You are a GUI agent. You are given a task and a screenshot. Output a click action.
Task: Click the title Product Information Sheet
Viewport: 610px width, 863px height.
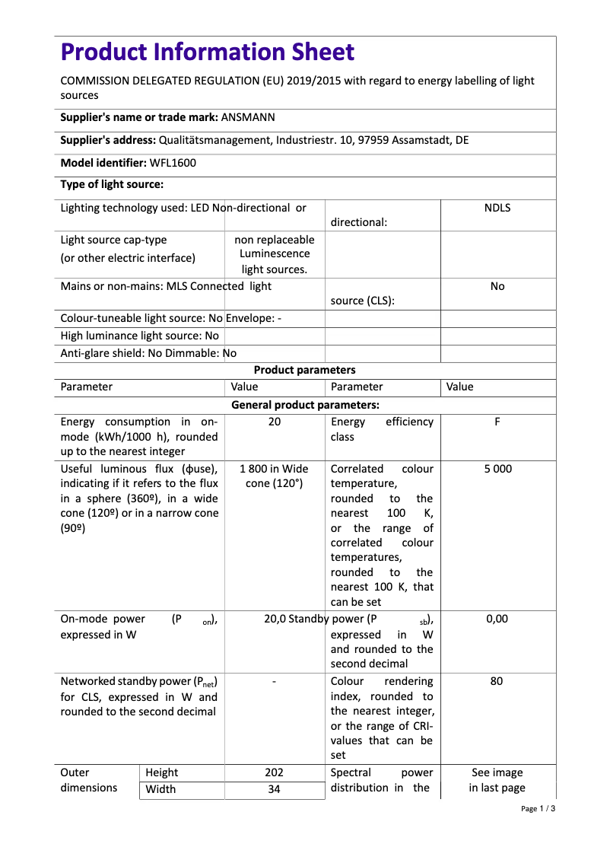pyautogui.click(x=208, y=53)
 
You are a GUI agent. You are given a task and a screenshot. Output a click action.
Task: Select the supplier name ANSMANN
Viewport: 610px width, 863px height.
pyautogui.click(x=248, y=117)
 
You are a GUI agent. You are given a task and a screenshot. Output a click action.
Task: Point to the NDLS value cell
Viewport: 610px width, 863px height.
pyautogui.click(x=497, y=208)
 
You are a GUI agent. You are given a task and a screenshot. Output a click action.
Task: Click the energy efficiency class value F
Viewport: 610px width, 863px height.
pyautogui.click(x=497, y=422)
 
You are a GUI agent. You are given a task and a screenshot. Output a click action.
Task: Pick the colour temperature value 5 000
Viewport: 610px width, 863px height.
pyautogui.click(x=497, y=469)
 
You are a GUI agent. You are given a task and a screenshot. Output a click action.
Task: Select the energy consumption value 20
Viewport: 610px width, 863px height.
pyautogui.click(x=275, y=422)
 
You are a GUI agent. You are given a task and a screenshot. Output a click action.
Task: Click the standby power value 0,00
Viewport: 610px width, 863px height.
pyautogui.click(x=497, y=619)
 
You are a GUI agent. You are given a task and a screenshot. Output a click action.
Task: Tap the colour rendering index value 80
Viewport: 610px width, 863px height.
pyautogui.click(x=497, y=681)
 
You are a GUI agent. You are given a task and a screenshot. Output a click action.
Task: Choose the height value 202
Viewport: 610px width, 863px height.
pyautogui.click(x=275, y=772)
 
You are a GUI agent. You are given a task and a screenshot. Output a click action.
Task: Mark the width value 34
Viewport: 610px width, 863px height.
pyautogui.click(x=275, y=789)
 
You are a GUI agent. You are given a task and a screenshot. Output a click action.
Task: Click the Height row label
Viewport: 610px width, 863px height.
pyautogui.click(x=162, y=772)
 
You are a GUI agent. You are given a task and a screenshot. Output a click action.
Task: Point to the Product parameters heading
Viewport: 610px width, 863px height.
pyautogui.click(x=304, y=370)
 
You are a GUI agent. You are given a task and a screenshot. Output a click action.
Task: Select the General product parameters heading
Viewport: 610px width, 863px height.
pyautogui.click(x=304, y=405)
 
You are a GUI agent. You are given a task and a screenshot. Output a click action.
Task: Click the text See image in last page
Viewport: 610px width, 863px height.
pyautogui.click(x=497, y=780)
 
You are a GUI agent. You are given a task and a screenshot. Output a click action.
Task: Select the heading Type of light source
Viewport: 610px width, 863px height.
pyautogui.click(x=112, y=184)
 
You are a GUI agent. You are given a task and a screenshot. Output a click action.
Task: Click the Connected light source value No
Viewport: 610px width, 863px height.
pyautogui.click(x=497, y=286)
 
